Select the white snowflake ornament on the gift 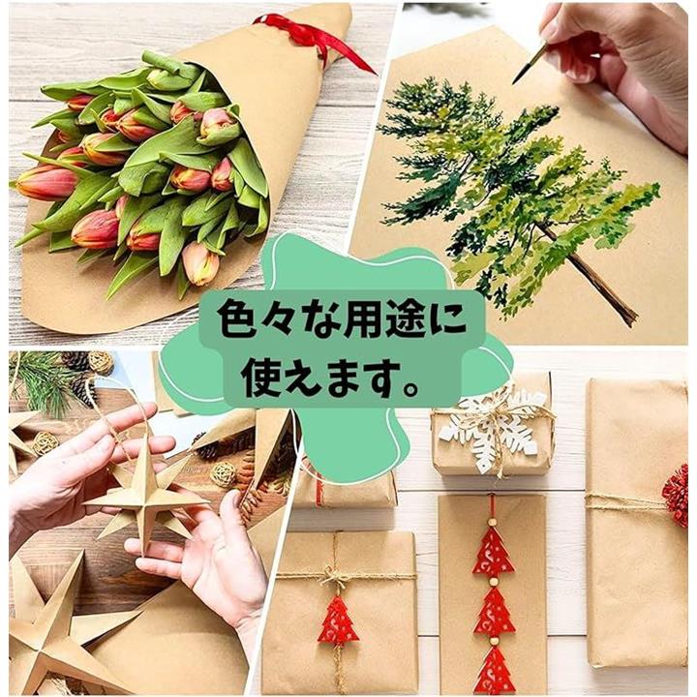pyautogui.click(x=495, y=429)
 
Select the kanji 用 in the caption pyautogui.click(x=360, y=318)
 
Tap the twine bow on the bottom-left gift pyautogui.click(x=339, y=576)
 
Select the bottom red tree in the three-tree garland pyautogui.click(x=494, y=670)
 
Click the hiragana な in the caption pyautogui.click(x=318, y=318)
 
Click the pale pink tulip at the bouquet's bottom pyautogui.click(x=201, y=263)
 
